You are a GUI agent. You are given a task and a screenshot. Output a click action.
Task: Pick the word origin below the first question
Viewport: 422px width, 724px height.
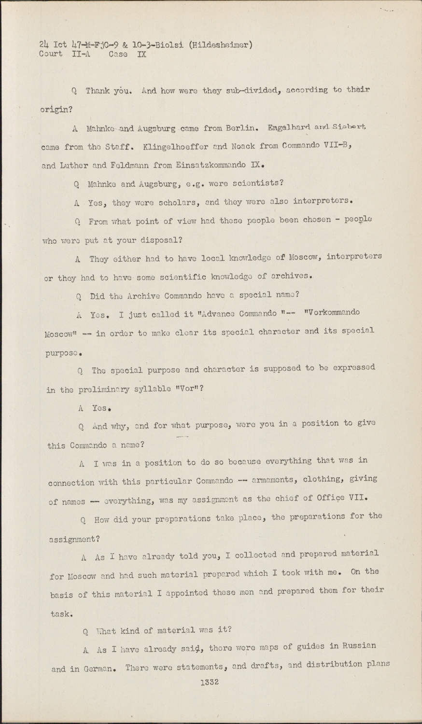point(55,110)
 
